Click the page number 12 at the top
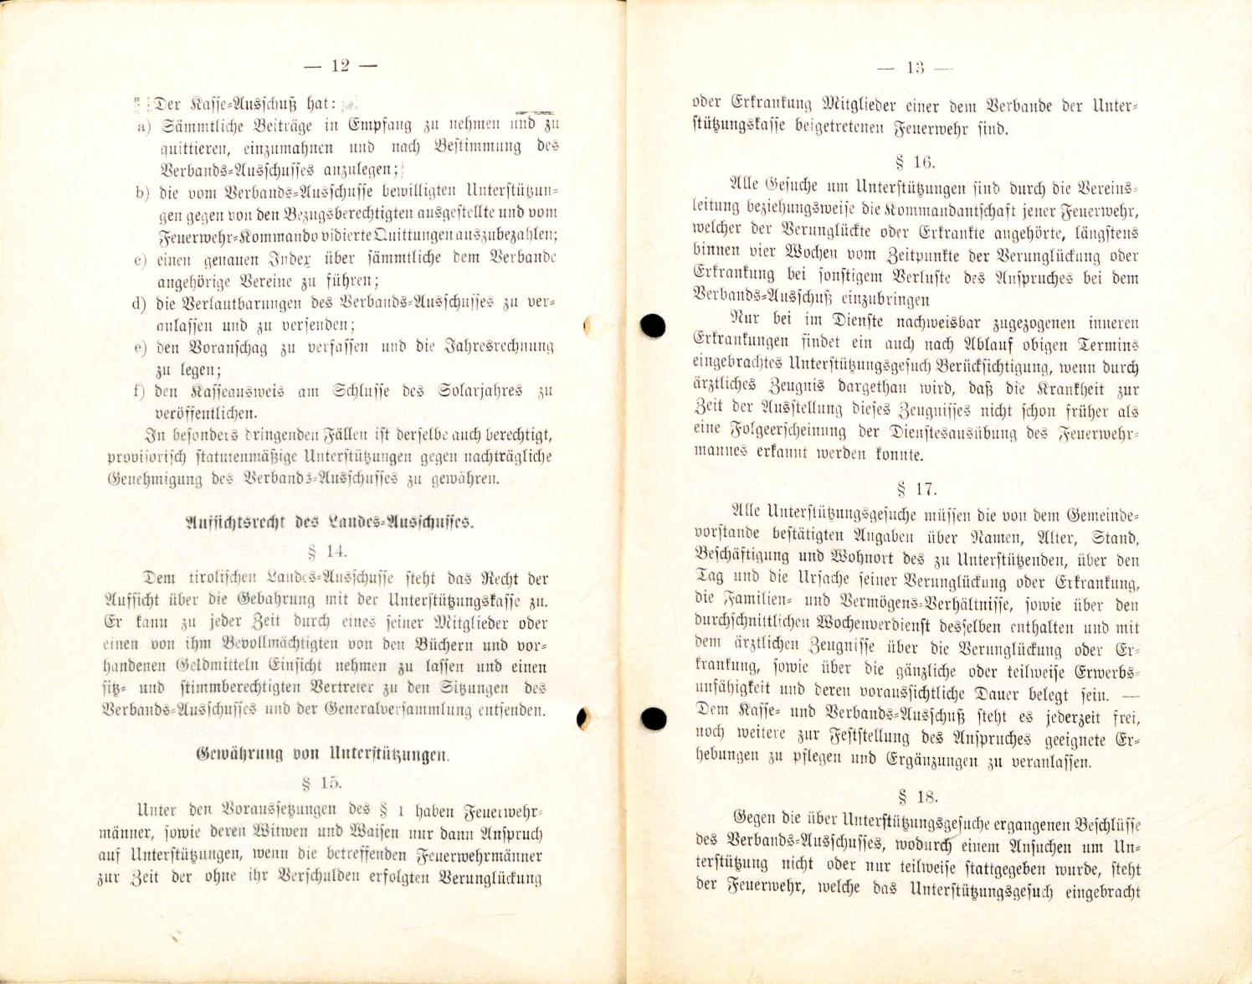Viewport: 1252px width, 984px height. tap(340, 66)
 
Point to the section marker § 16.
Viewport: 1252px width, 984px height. tap(916, 162)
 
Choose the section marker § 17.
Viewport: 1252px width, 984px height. tap(916, 488)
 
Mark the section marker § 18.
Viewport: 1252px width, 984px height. tap(917, 796)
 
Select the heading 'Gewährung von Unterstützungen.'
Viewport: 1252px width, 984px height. tap(322, 754)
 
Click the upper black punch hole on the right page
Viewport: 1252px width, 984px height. tap(653, 325)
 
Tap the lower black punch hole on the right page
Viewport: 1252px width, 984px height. tap(653, 718)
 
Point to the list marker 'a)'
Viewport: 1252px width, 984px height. tap(143, 126)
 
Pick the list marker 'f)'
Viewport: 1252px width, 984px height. tap(140, 391)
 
